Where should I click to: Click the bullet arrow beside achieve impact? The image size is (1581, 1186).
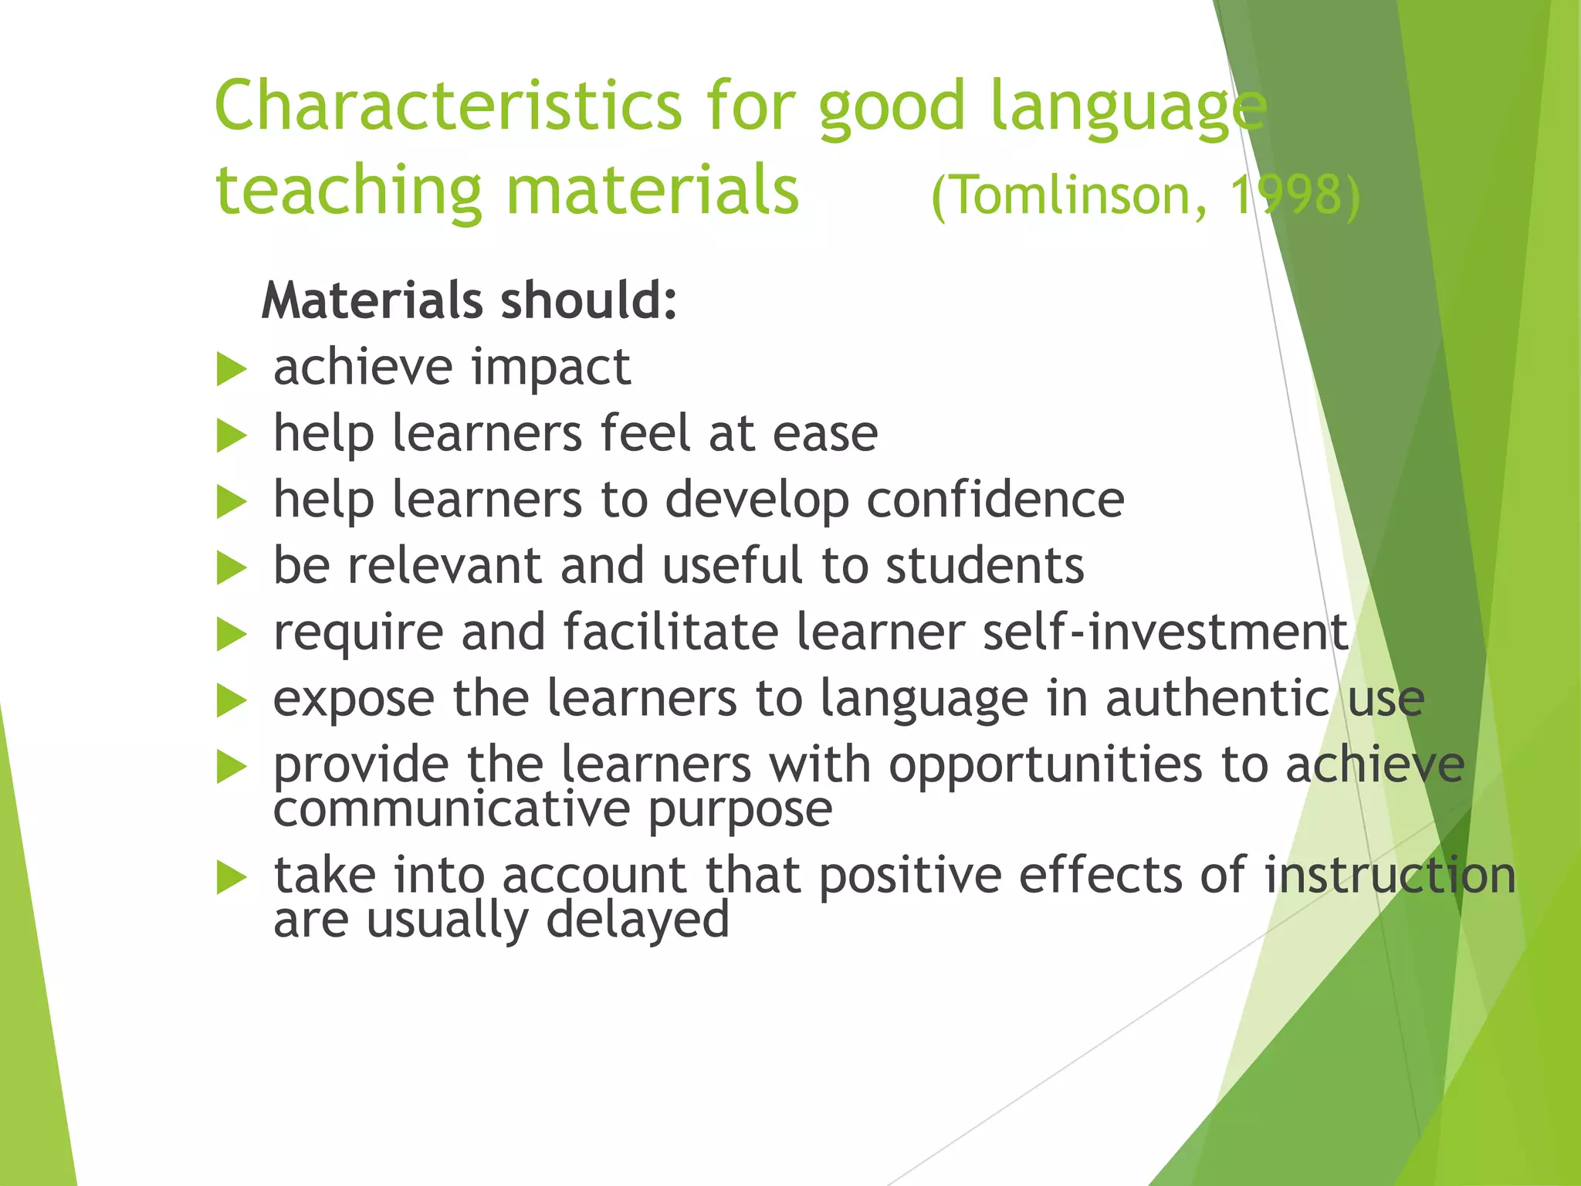pyautogui.click(x=231, y=368)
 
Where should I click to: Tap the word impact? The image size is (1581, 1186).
pyautogui.click(x=551, y=368)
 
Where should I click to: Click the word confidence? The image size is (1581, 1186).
pyautogui.click(x=995, y=500)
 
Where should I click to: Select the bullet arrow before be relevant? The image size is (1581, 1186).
pyautogui.click(x=231, y=568)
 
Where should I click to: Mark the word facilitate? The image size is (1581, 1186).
pyautogui.click(x=671, y=632)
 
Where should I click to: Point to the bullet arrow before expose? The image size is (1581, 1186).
pyautogui.click(x=231, y=700)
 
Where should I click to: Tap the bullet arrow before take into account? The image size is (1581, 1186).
pyautogui.click(x=231, y=878)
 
